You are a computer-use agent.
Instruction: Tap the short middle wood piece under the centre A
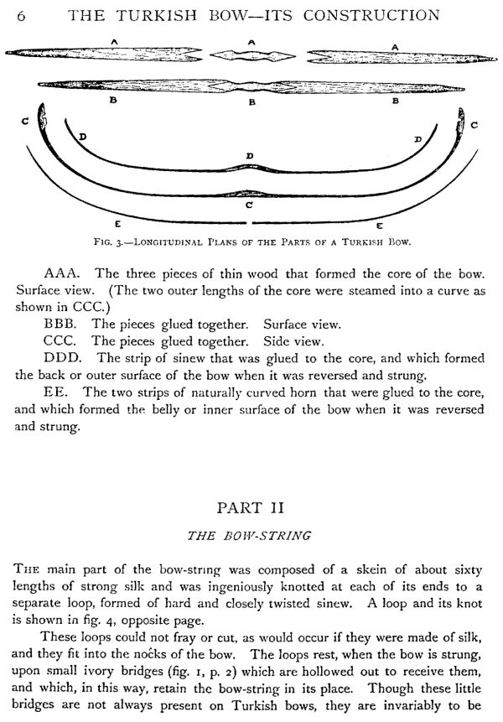coord(251,55)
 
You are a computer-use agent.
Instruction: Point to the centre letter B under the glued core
coord(251,101)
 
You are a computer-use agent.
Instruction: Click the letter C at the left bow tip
coord(26,122)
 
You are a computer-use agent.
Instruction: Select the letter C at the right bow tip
coord(474,125)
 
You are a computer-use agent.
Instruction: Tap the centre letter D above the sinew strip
coord(250,155)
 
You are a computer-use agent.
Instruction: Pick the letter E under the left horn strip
coord(117,224)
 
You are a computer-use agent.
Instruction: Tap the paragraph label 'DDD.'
coord(64,358)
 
